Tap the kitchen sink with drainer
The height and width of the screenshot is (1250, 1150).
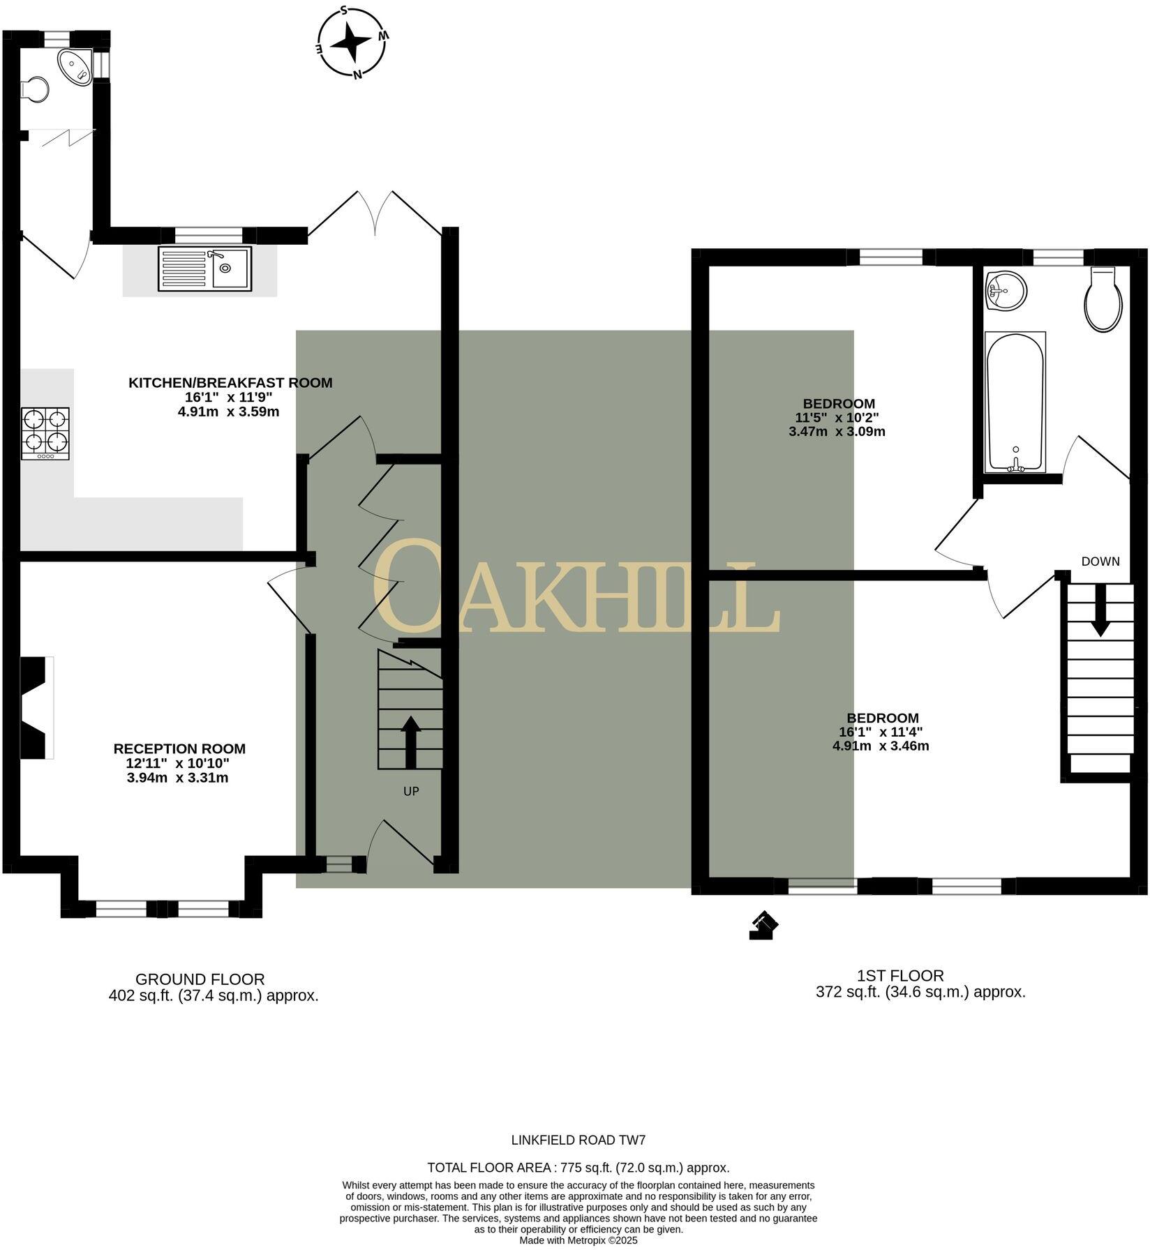pos(204,269)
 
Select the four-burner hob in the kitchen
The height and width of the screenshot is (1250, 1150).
pos(46,433)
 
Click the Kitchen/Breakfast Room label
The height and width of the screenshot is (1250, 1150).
pos(230,382)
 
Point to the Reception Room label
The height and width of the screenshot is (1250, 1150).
pos(179,748)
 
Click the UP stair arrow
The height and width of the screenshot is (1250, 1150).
pos(410,742)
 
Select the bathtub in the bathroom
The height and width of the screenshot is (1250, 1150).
pos(1015,402)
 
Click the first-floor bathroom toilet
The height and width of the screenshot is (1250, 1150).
pos(1104,301)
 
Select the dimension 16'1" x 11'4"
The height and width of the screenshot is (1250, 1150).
pos(881,732)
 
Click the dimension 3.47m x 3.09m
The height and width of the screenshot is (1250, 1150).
pos(837,431)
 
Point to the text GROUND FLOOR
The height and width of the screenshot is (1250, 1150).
pos(200,979)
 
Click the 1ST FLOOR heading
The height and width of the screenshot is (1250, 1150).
pos(900,976)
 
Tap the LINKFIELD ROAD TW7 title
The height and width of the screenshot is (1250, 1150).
pos(578,1140)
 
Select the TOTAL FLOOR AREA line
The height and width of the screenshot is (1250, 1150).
pos(578,1168)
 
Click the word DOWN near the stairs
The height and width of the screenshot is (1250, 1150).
pos(1100,561)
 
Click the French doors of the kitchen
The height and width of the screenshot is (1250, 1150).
pos(375,213)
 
